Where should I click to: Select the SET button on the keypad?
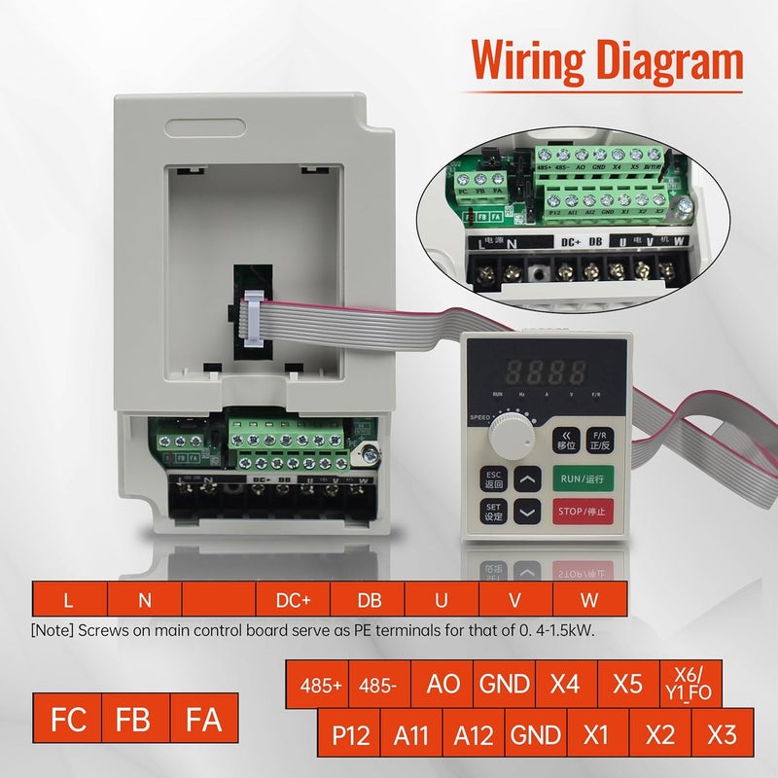[x=493, y=512]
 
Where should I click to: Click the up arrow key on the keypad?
[x=527, y=478]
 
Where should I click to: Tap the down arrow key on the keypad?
[x=527, y=512]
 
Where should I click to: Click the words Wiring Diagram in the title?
[x=607, y=61]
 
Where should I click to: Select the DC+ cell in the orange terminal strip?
[x=294, y=601]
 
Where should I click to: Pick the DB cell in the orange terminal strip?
[x=369, y=601]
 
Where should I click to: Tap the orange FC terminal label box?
[x=67, y=721]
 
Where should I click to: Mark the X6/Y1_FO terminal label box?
[x=691, y=684]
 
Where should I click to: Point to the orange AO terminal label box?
[x=443, y=684]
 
